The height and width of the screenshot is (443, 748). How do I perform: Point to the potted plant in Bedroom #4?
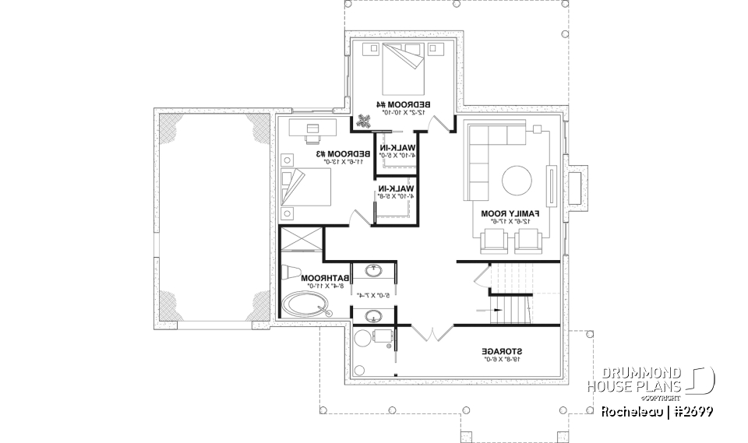click(365, 120)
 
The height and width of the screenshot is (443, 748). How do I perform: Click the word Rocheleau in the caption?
click(631, 410)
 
